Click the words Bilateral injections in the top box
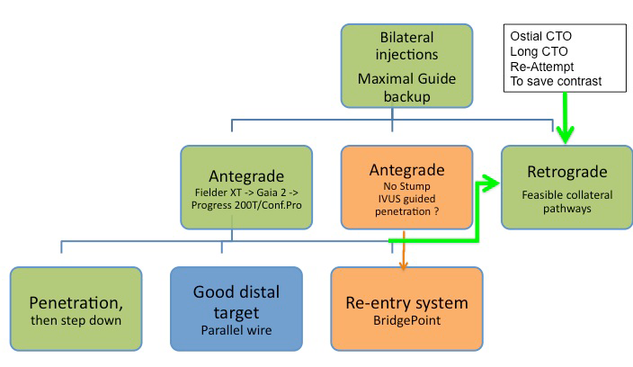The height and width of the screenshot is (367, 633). coord(406,49)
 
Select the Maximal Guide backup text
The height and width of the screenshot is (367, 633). coord(406,86)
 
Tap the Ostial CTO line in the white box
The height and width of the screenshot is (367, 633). coord(539,36)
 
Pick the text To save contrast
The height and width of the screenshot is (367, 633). coord(554,81)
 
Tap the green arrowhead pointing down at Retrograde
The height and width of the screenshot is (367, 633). coord(566,136)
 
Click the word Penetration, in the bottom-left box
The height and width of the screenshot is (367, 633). coord(76,301)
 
